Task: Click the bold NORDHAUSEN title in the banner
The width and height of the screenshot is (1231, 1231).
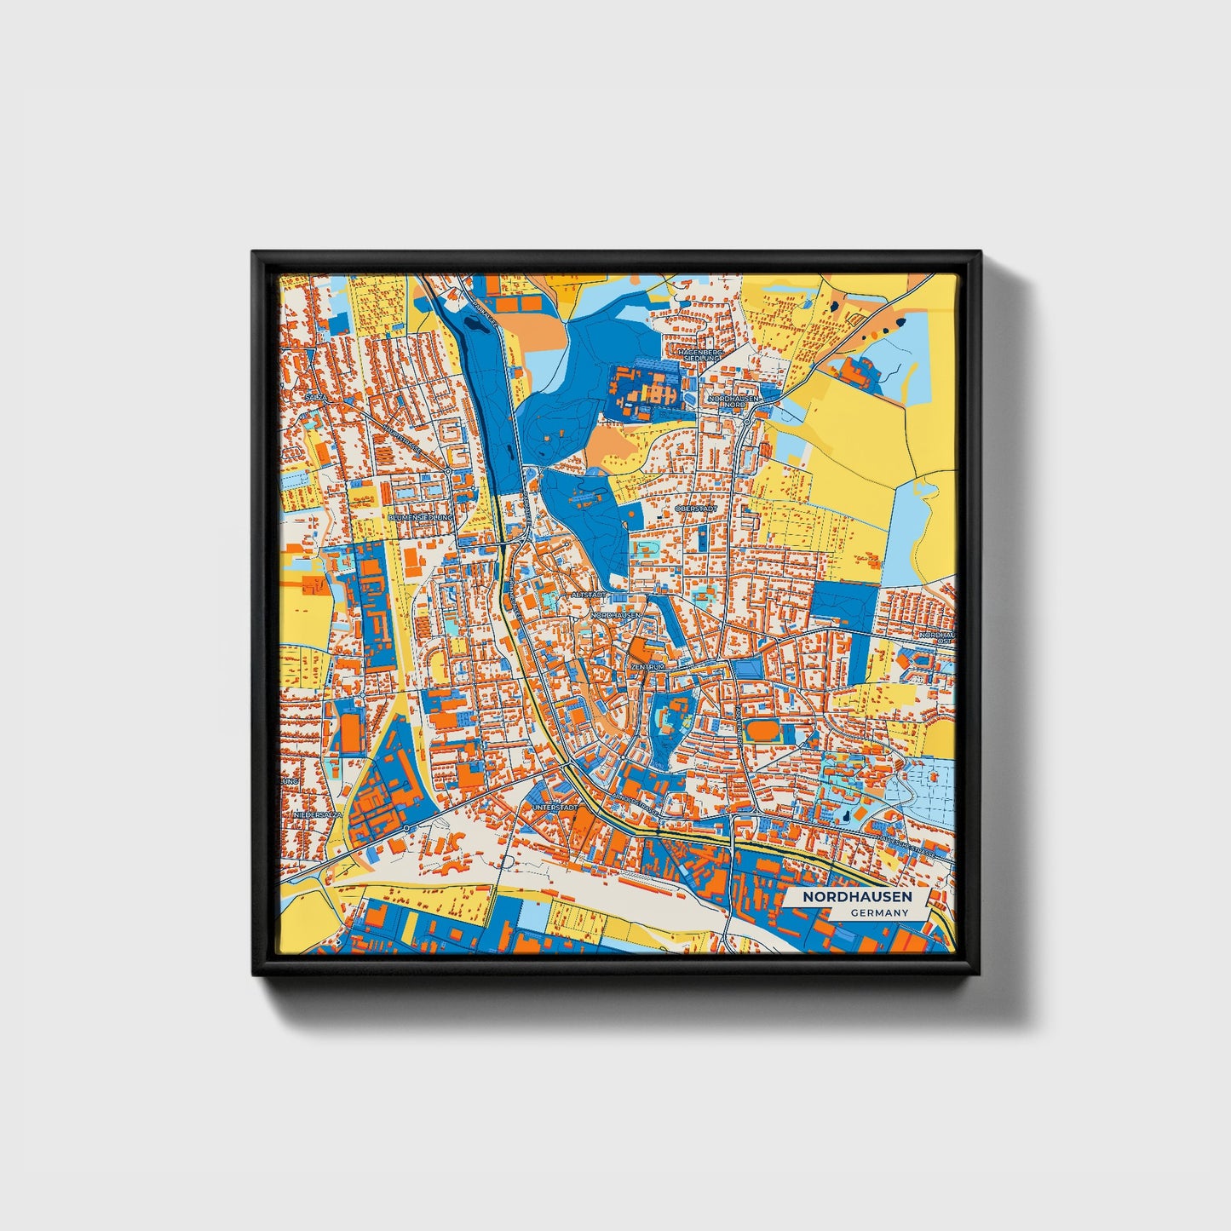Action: point(856,896)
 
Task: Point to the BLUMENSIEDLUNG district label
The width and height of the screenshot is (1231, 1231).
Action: point(421,517)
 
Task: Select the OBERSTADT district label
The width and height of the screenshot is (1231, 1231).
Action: point(696,509)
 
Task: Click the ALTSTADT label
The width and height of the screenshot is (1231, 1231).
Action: point(589,594)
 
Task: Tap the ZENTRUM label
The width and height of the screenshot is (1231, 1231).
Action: point(647,666)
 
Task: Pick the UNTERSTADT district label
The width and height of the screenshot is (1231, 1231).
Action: point(555,806)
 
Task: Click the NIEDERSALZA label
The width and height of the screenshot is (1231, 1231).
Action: point(317,815)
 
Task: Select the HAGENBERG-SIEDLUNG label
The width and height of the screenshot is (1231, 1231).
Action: point(700,354)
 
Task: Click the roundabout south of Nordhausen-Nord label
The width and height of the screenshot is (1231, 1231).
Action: point(746,422)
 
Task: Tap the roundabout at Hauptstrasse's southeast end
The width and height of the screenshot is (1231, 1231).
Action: point(448,470)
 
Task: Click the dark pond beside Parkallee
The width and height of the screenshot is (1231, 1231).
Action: point(469,322)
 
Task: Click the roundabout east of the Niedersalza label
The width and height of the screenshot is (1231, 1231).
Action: point(407,828)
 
